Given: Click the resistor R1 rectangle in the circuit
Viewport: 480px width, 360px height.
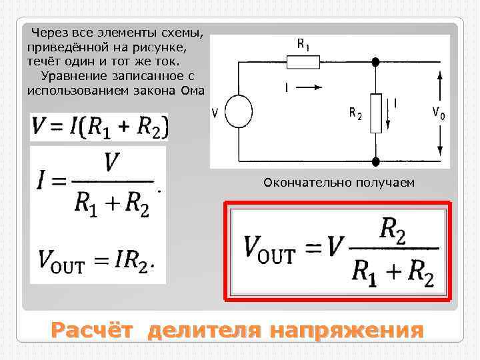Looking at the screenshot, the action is [x=304, y=62].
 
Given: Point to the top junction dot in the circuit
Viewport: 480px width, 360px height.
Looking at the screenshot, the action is [x=375, y=62].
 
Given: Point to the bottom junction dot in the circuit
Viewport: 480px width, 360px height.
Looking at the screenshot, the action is [x=375, y=161].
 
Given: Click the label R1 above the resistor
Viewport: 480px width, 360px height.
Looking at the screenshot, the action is [x=303, y=44].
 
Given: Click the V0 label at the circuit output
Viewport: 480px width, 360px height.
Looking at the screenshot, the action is [x=439, y=113].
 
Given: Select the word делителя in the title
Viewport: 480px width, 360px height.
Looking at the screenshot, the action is [x=206, y=330].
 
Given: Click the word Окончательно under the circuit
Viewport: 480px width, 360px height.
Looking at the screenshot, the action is [x=298, y=182].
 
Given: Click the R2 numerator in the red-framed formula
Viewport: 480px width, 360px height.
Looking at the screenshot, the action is [x=393, y=231].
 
